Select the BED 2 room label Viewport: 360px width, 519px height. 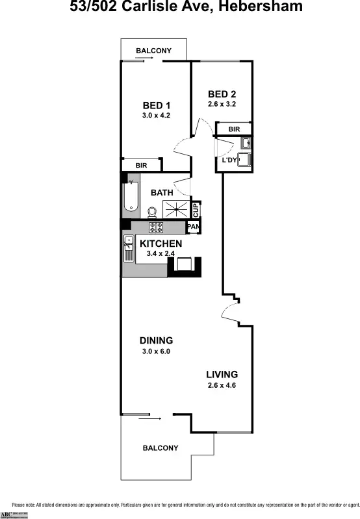coord(222,94)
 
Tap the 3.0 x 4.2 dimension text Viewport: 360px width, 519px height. coord(155,116)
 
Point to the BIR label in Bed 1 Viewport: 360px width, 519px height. coord(141,166)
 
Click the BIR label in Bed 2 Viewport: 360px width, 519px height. coord(234,130)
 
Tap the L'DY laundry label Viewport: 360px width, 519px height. coord(229,160)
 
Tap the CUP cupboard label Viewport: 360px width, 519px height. coord(195,210)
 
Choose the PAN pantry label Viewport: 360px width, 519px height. coord(193,227)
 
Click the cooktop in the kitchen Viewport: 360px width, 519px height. coord(157,227)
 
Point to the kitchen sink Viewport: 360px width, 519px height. coord(128,247)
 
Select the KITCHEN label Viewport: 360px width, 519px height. coord(161,244)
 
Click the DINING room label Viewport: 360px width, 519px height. coord(156,340)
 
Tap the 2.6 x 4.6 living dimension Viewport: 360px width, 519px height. coord(222,385)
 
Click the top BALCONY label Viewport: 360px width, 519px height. coord(153,51)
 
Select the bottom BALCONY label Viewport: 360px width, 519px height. coord(160,448)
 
